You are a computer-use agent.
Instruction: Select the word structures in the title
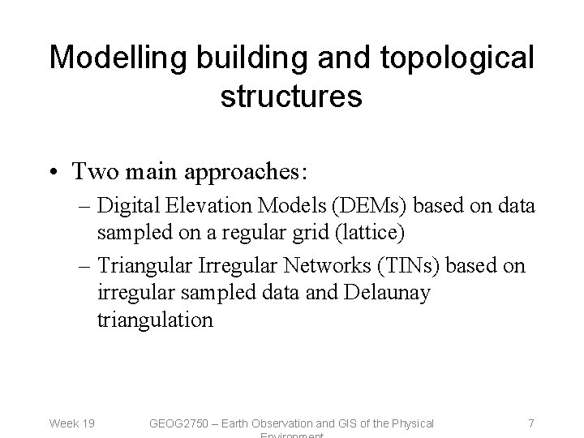coord(290,96)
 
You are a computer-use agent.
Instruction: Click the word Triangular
coord(152,267)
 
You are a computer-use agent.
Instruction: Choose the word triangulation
coord(156,320)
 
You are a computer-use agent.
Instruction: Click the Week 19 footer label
coord(71,423)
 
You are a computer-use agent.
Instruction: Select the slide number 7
coord(530,423)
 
